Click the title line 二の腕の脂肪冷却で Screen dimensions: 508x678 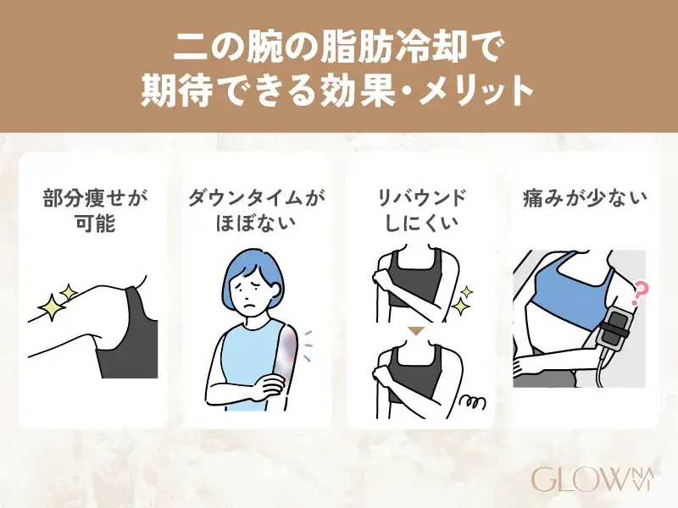[338, 46]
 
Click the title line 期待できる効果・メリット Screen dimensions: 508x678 [338, 91]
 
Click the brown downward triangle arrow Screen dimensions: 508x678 [416, 330]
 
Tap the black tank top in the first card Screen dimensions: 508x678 [127, 339]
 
